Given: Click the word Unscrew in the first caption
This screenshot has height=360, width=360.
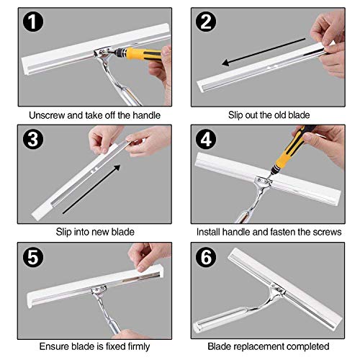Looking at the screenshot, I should pos(47,115).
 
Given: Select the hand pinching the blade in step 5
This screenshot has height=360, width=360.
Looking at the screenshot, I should pos(148,251).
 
